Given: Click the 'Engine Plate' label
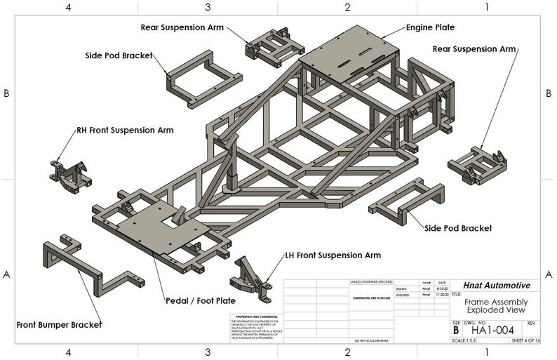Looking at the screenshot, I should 430,27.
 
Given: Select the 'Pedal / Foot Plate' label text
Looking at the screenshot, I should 201,300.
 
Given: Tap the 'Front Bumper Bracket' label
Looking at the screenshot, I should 59,325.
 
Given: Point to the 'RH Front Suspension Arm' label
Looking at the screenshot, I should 125,130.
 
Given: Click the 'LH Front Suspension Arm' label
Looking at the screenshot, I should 333,255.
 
